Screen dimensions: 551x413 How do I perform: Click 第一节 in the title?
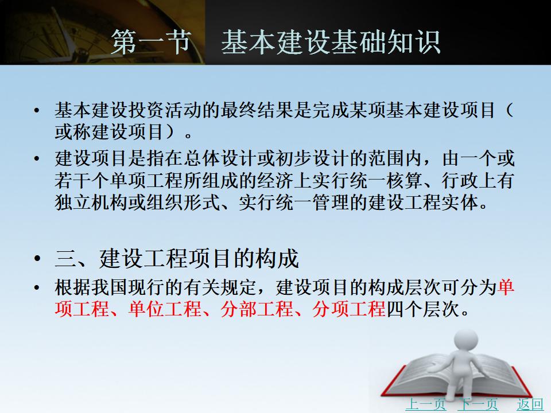[x=152, y=42]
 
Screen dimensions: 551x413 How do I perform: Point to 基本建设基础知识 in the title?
[x=331, y=42]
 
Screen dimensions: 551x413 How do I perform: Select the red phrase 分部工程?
[x=257, y=309]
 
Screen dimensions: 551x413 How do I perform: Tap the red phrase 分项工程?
[x=350, y=309]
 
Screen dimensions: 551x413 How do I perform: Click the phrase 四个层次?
[x=423, y=309]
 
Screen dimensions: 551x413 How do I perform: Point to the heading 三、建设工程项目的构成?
[x=177, y=259]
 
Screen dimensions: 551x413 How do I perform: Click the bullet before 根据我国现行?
[x=37, y=288]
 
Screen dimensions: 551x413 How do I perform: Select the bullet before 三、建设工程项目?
[x=37, y=259]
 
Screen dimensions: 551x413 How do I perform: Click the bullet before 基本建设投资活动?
[x=37, y=111]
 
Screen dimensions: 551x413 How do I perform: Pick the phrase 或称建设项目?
[x=110, y=132]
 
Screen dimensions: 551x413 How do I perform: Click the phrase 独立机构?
[x=91, y=202]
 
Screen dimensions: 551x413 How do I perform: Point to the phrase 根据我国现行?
[x=110, y=287]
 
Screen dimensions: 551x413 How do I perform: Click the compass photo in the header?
[x=102, y=32]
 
